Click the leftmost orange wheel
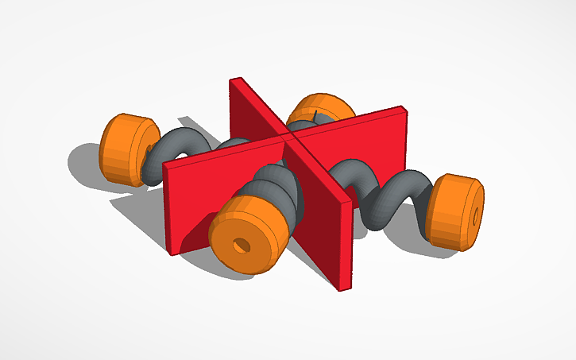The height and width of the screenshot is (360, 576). click(x=125, y=150)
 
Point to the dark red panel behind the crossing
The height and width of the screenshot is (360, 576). click(x=250, y=111)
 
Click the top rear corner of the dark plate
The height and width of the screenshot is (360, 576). click(x=231, y=79)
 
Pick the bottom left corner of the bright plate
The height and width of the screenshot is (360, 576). click(x=171, y=254)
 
